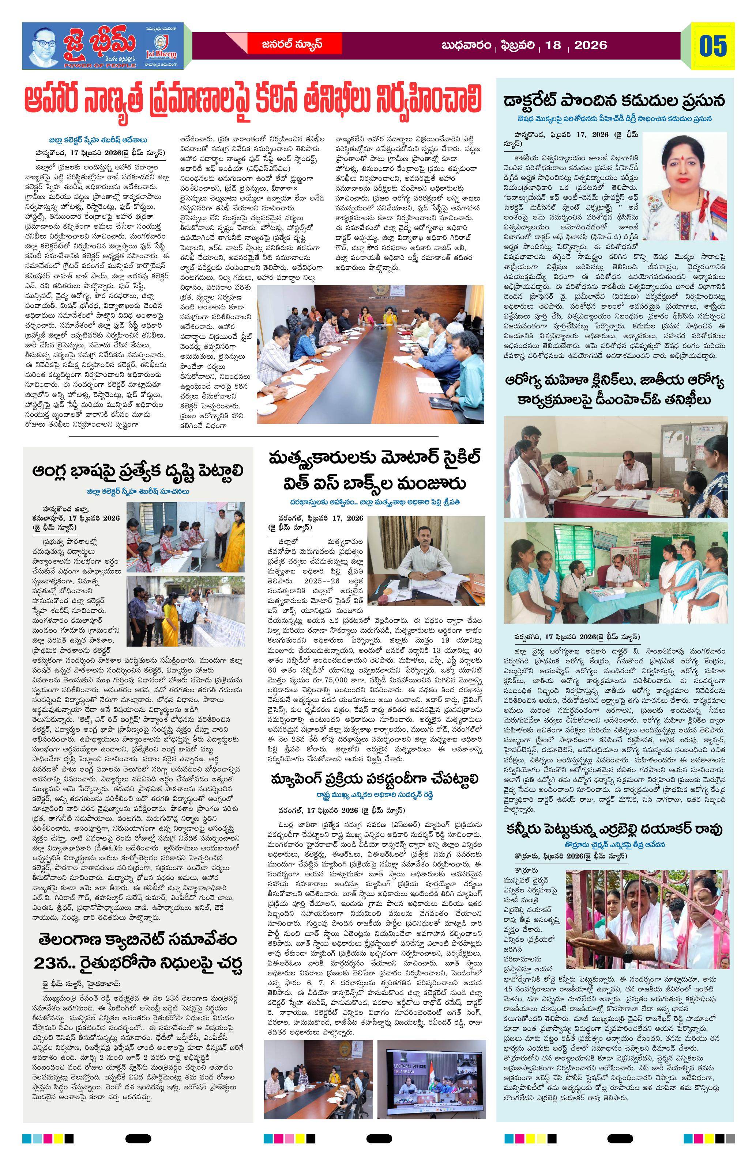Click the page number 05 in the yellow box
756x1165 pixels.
click(713, 46)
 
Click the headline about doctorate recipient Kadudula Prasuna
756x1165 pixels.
click(614, 101)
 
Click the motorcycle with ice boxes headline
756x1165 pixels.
click(375, 471)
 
